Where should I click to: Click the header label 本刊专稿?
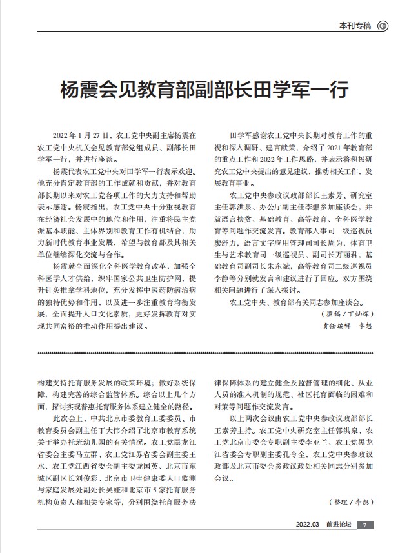[x=355, y=26]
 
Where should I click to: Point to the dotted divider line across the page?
[x=204, y=353]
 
